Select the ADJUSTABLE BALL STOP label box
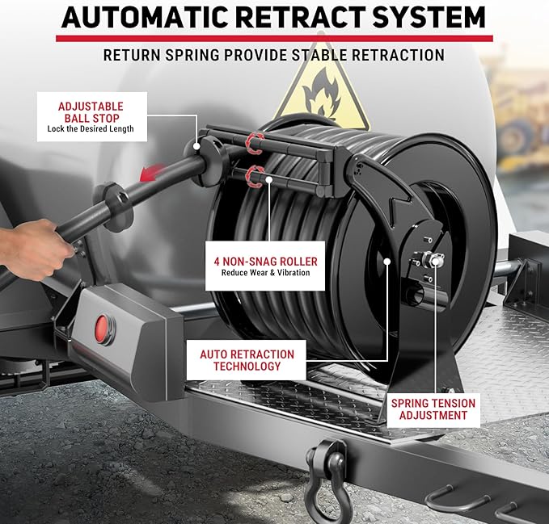pyautogui.click(x=90, y=116)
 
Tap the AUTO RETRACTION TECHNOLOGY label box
pyautogui.click(x=247, y=360)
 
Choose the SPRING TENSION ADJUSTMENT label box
pyautogui.click(x=433, y=409)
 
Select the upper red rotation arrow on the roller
pyautogui.click(x=255, y=143)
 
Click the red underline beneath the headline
pyautogui.click(x=274, y=38)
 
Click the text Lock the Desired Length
pyautogui.click(x=90, y=129)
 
